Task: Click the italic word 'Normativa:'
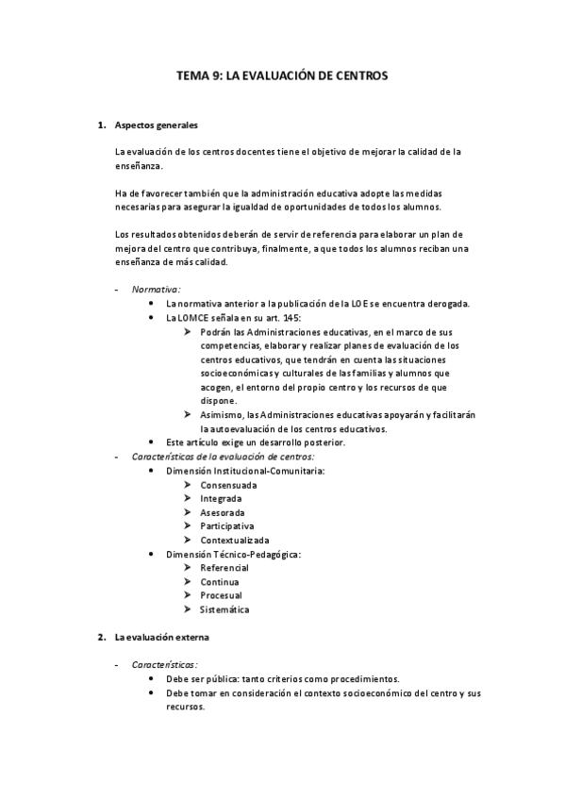click(156, 289)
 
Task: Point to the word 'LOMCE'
click(193, 318)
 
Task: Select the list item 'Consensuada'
click(227, 485)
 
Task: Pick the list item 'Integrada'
click(220, 498)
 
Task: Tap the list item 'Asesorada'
click(222, 512)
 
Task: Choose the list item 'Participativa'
click(226, 525)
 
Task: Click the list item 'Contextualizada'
click(234, 540)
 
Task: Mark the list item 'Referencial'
click(224, 568)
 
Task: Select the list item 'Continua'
click(219, 582)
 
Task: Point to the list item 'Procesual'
click(221, 596)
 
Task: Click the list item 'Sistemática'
click(224, 609)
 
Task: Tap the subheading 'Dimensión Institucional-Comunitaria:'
click(244, 470)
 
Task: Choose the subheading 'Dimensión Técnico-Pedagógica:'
click(233, 554)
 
